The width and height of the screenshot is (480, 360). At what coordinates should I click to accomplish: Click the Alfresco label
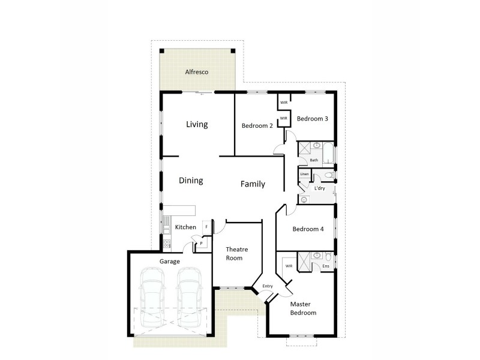(x=196, y=72)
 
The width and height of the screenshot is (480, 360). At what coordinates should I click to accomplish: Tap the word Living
(x=197, y=125)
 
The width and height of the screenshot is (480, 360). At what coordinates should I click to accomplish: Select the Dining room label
(x=191, y=180)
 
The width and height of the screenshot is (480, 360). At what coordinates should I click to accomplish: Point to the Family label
(x=253, y=184)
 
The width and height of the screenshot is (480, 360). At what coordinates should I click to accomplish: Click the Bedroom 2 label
(x=257, y=126)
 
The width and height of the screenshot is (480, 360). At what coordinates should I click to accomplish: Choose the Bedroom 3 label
(x=312, y=119)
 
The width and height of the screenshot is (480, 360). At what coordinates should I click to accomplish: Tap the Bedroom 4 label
(x=308, y=229)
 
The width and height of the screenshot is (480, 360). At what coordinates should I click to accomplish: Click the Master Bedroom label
(x=303, y=308)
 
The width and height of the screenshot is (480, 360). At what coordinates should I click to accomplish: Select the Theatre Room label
(x=233, y=253)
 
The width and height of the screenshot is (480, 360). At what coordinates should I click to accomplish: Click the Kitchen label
(x=185, y=227)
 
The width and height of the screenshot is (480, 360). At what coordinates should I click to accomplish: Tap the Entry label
(x=267, y=286)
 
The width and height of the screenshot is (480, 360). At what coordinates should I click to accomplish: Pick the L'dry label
(x=320, y=188)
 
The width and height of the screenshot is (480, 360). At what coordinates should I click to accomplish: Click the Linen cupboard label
(x=304, y=174)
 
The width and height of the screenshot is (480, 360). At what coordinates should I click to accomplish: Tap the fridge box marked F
(x=206, y=227)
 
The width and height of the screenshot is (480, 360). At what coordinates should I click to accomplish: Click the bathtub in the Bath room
(x=328, y=153)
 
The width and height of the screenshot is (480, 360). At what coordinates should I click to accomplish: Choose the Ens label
(x=326, y=266)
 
